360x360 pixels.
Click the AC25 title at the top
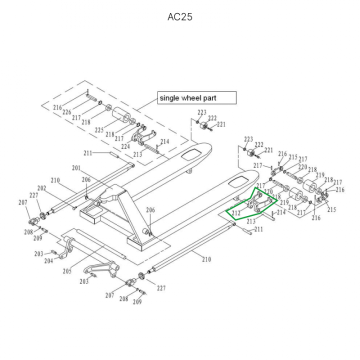[179, 16]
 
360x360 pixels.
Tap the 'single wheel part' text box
[196, 97]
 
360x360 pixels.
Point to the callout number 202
[41, 188]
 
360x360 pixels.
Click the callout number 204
[48, 260]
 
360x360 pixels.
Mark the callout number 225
[99, 130]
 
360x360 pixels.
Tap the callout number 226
[66, 112]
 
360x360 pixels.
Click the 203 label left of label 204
[38, 254]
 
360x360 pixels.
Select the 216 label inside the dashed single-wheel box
[57, 107]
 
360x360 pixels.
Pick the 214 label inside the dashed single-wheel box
[164, 141]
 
